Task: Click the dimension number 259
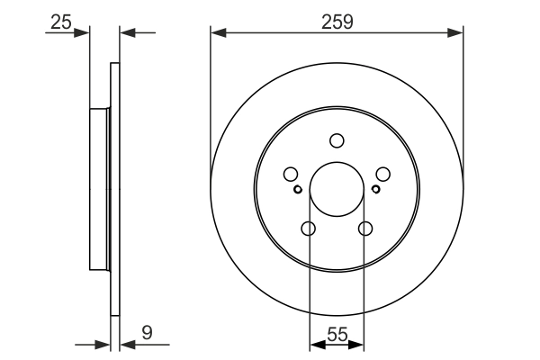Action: (337, 22)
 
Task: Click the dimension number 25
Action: (60, 22)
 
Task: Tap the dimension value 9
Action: (146, 333)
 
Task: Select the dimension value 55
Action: (337, 333)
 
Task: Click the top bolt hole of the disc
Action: (337, 140)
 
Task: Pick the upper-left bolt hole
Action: (291, 175)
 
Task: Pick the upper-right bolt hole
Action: (382, 175)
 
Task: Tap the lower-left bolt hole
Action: (309, 229)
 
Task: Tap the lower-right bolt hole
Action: (364, 229)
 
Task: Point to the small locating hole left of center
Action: (298, 189)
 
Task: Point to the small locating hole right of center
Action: (375, 189)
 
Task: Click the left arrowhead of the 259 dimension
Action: (216, 33)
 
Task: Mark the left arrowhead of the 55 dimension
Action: (314, 344)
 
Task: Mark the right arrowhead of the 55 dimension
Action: (359, 344)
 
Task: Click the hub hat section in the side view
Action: (99, 189)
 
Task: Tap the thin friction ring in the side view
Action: (114, 189)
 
